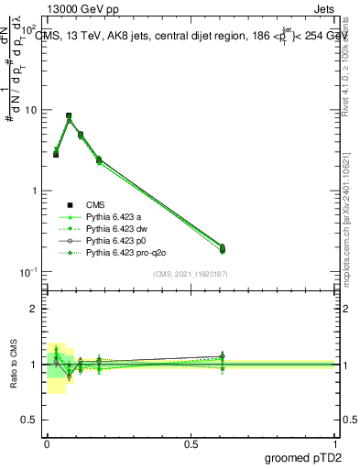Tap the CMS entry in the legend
pos(96,204)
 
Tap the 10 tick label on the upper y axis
pos(31,110)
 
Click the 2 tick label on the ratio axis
pos(35,309)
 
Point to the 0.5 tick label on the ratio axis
pos(31,420)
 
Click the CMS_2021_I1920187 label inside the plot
pos(191,273)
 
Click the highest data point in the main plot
pos(69,116)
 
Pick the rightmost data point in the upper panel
pos(223,247)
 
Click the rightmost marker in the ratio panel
pos(223,356)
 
